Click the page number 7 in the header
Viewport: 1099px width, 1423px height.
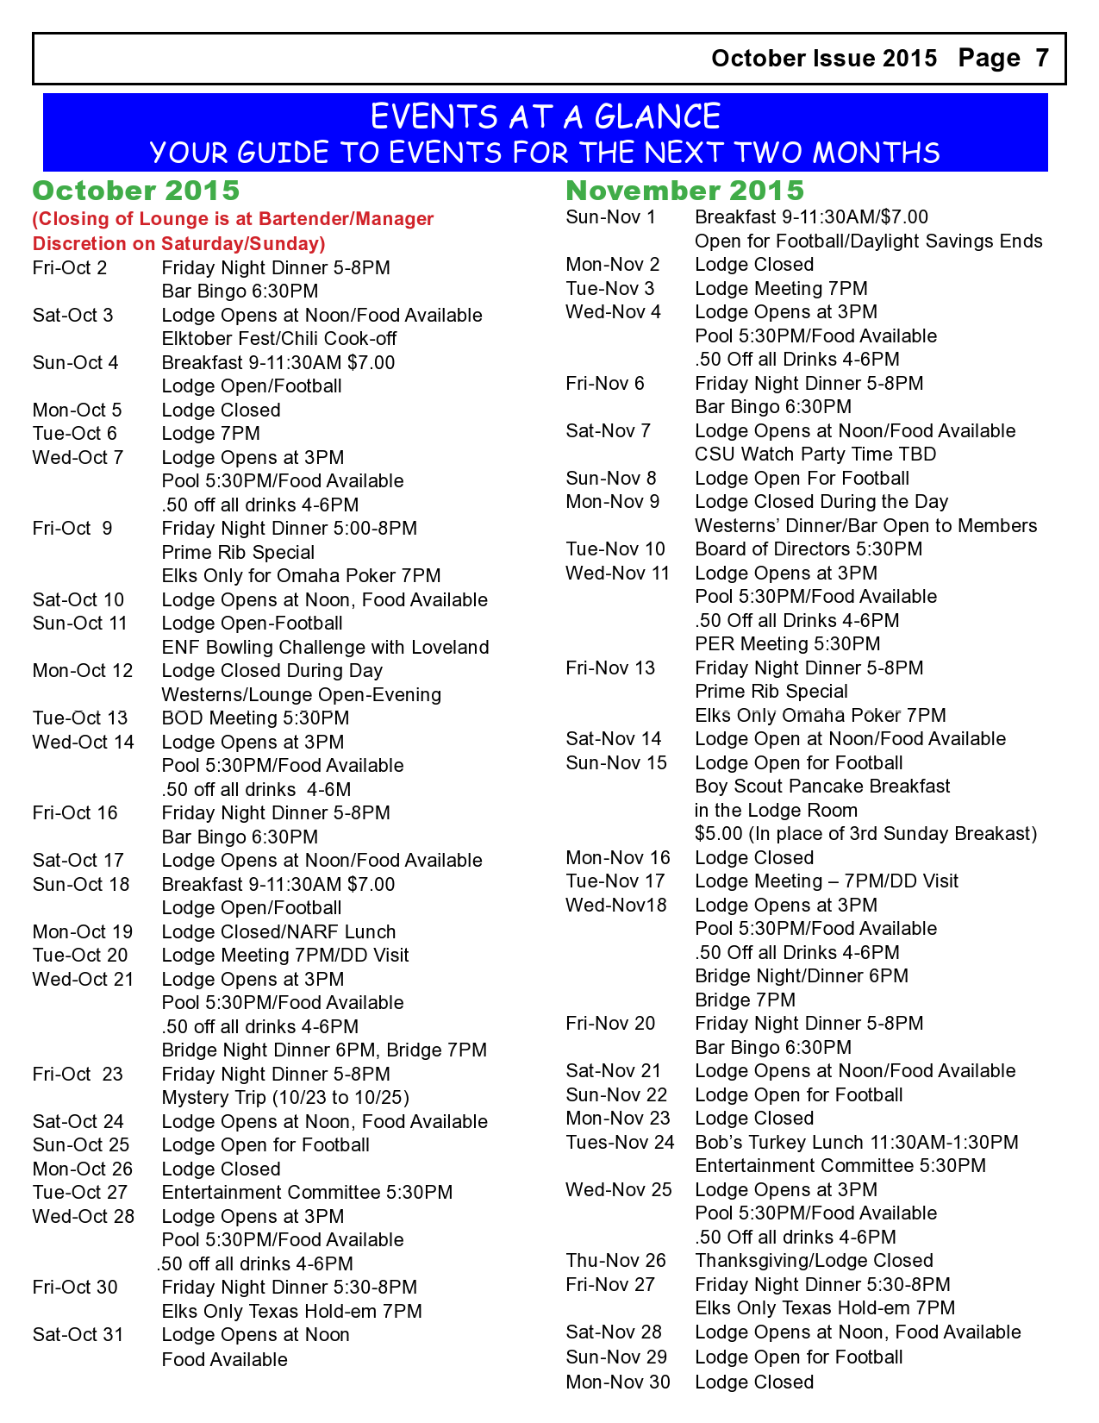[x=1041, y=58]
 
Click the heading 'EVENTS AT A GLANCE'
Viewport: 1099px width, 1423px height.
[x=545, y=116]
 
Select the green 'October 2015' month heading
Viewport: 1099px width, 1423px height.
[x=136, y=191]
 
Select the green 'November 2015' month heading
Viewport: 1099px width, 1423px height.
[x=684, y=191]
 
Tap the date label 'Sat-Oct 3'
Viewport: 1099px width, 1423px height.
[x=73, y=316]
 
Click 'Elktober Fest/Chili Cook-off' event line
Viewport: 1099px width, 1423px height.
[x=279, y=339]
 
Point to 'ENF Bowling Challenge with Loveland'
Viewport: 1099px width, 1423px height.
[x=325, y=648]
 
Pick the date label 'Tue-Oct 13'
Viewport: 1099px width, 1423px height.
[x=80, y=718]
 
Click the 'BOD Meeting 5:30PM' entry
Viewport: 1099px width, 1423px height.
[x=255, y=718]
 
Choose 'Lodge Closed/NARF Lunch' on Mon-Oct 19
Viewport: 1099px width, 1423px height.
[x=278, y=932]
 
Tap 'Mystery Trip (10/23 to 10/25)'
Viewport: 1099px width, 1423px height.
[x=285, y=1098]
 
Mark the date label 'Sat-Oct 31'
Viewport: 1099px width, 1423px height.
[x=78, y=1335]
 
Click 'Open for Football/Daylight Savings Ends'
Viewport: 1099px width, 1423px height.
[x=868, y=241]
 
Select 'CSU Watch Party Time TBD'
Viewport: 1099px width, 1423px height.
[x=815, y=454]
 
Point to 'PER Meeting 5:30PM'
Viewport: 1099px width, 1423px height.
[x=788, y=644]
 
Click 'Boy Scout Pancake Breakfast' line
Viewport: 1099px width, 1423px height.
[x=822, y=787]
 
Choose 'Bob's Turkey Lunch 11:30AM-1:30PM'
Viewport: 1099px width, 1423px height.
[x=857, y=1143]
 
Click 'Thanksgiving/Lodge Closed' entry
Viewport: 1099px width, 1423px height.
[x=814, y=1261]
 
